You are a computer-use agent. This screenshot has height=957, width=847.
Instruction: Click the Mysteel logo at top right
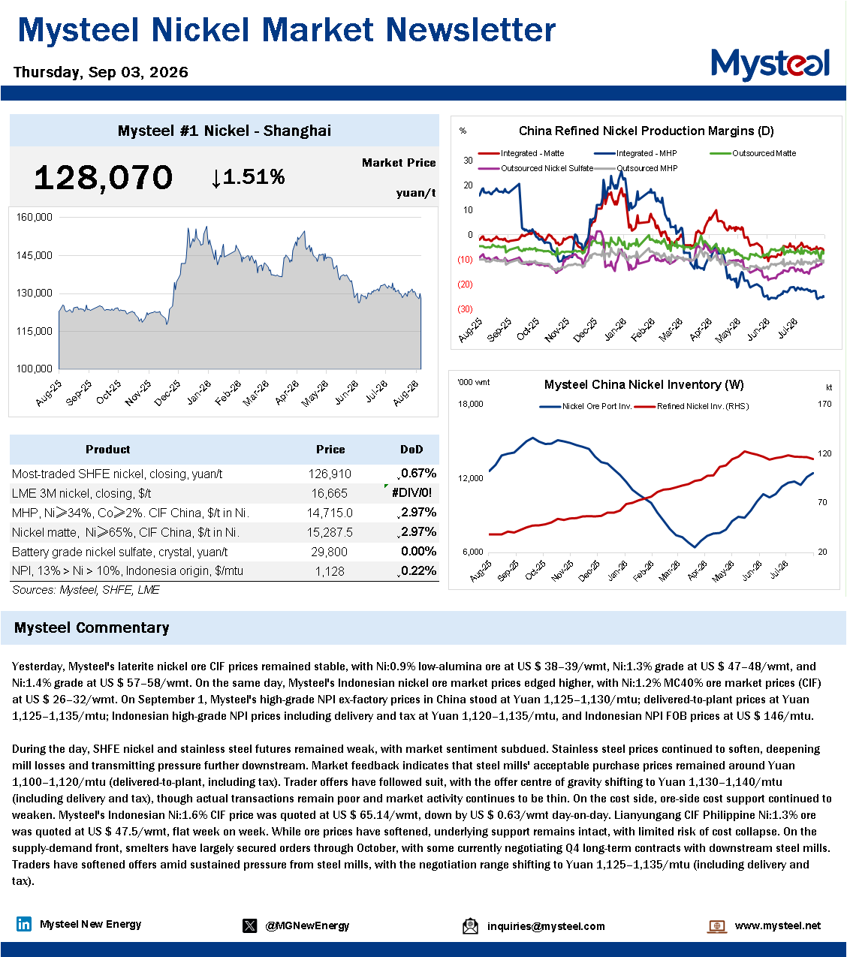pos(770,65)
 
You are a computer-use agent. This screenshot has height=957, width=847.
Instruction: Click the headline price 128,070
pos(103,178)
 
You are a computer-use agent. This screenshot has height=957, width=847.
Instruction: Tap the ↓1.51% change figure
pos(248,177)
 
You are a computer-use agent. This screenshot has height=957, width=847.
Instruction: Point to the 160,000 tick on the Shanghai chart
pos(34,217)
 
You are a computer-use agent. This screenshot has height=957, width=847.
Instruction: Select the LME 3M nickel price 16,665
pos(330,493)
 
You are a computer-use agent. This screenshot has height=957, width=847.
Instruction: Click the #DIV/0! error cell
pos(411,492)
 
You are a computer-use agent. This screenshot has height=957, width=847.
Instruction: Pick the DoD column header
pos(411,449)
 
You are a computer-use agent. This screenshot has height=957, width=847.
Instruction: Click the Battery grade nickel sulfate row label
pos(119,552)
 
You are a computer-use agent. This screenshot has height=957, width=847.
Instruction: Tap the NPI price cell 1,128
pos(330,571)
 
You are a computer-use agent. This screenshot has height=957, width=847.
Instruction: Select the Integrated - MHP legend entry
pos(636,153)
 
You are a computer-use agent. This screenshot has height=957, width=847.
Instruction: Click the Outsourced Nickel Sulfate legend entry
pos(535,168)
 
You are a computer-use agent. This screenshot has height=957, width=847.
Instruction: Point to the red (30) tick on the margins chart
pos(465,309)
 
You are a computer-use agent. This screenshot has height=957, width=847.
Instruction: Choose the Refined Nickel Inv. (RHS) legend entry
pos(692,406)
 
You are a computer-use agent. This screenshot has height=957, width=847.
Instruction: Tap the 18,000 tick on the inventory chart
pos(470,404)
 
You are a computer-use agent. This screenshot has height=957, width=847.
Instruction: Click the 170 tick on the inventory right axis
pos(824,404)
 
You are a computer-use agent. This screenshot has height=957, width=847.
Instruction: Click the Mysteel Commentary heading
pos(92,627)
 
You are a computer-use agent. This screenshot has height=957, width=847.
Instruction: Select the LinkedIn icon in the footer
pos(23,924)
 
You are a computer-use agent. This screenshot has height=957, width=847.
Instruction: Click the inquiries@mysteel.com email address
pos(546,925)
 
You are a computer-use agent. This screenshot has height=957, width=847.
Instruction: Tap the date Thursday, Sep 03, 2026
pos(101,72)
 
